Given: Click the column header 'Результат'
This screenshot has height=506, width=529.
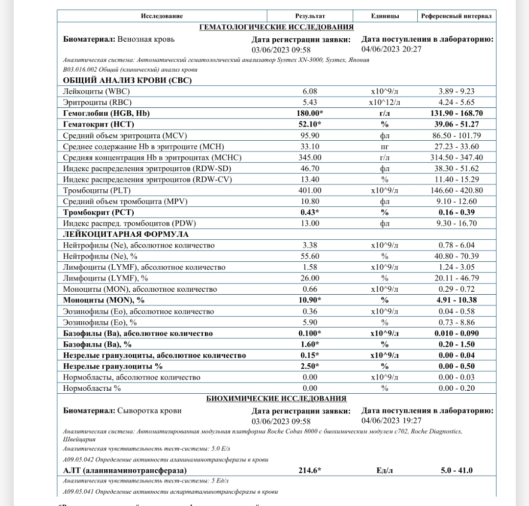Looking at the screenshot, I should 310,16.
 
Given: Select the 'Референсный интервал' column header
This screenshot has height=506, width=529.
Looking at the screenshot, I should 456,16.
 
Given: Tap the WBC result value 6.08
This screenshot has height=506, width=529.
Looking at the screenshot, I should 310,91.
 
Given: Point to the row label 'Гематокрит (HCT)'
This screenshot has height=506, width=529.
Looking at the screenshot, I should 98,125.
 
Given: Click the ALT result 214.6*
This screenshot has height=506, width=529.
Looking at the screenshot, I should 310,471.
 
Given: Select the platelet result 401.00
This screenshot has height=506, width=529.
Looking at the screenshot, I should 310,190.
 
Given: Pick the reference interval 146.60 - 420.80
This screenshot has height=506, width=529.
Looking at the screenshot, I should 457,190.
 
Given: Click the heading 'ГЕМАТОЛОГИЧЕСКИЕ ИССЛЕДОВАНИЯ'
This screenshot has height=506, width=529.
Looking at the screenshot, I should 276,27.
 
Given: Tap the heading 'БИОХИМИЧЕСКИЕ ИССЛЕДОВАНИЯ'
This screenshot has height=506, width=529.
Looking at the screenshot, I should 276,399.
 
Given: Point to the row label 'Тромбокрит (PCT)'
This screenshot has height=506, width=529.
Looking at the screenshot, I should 98,212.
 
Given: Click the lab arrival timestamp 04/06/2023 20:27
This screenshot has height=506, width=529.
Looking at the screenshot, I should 391,49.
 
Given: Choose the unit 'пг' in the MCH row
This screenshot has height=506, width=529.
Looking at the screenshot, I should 385,147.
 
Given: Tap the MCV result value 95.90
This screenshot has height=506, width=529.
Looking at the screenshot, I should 310,135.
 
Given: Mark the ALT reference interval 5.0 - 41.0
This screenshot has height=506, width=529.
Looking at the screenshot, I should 457,471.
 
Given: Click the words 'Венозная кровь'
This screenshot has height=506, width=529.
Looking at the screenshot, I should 146,39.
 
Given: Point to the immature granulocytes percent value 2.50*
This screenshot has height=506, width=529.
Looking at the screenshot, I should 310,366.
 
